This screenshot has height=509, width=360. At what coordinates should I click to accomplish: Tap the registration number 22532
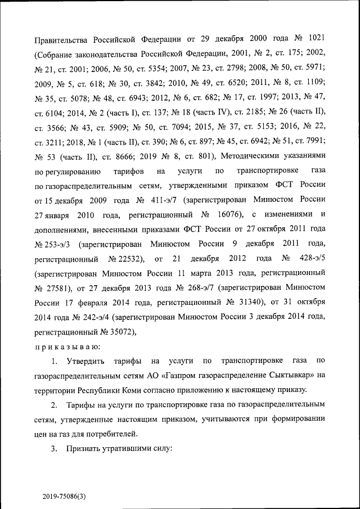[x=127, y=259]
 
